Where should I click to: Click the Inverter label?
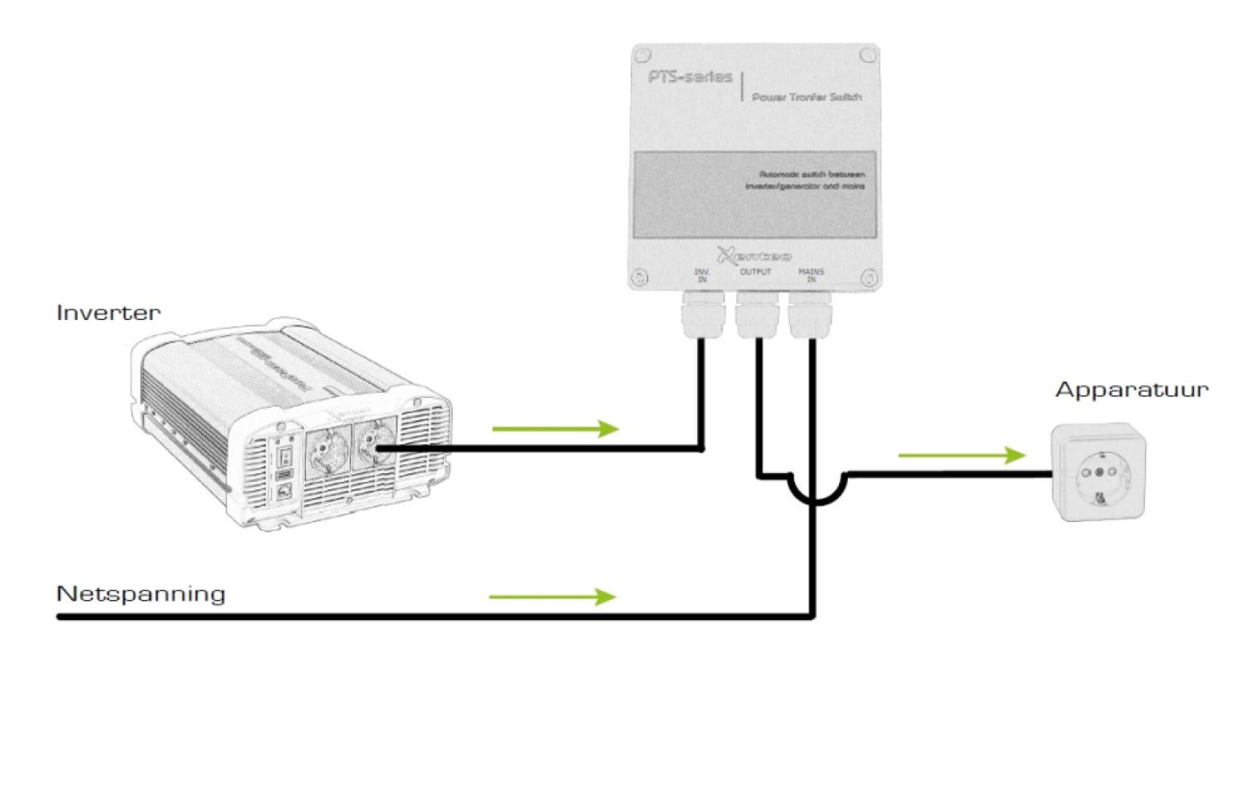coord(108,312)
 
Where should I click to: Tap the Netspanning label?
coord(140,593)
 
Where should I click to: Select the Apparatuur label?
coord(1131,390)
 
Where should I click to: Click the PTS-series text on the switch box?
coord(690,77)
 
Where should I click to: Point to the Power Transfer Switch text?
coord(806,97)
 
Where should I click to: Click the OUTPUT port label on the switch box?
coord(756,272)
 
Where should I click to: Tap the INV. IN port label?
coord(702,275)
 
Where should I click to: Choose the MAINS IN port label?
coord(811,275)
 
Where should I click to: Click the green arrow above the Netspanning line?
coord(552,597)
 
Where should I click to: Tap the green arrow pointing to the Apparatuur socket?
coord(962,456)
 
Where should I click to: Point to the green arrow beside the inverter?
coord(555,429)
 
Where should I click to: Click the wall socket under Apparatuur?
coord(1098,473)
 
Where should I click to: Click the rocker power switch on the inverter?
coord(283,457)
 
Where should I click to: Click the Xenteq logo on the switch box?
coord(754,256)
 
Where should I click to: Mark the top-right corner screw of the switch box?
coord(867,55)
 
